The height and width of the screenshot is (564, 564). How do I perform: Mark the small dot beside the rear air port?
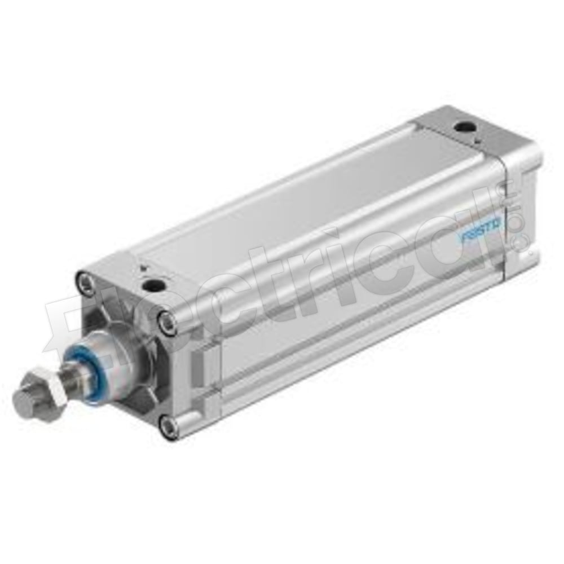[x=477, y=139]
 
